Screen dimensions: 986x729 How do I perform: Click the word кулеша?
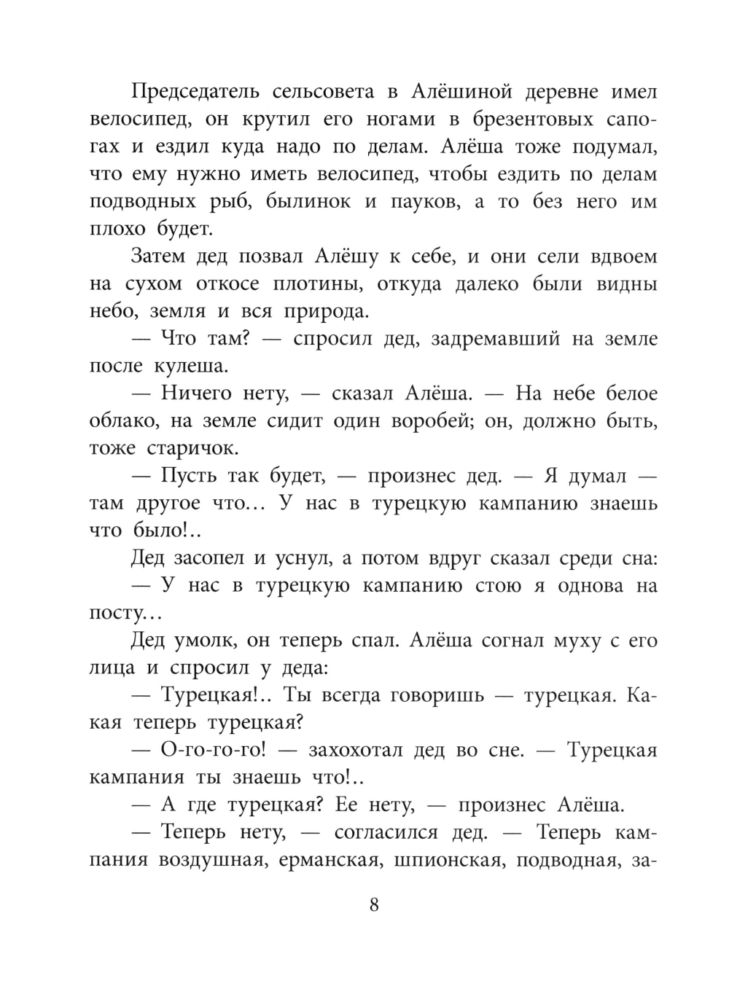192,367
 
